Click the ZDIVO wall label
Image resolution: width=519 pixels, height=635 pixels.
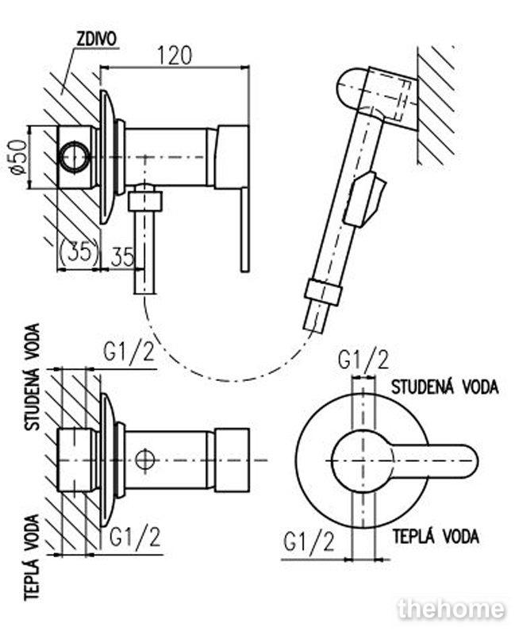coord(96,39)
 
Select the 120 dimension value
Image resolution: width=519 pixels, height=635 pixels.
coord(175,56)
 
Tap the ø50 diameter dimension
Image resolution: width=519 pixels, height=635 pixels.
coord(19,157)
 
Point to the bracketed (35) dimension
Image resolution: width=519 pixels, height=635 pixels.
coord(79,253)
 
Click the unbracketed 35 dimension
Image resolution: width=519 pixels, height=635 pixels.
coord(121,256)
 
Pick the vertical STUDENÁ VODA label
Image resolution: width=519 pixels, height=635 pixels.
coord(33,376)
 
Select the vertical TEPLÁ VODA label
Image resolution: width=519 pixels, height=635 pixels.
coord(32,558)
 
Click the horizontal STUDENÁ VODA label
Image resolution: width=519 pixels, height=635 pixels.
coord(444,387)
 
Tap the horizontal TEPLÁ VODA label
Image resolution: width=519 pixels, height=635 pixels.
coord(436,537)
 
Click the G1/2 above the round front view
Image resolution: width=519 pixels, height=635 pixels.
coord(363,360)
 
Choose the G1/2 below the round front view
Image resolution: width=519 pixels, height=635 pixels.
coord(309,542)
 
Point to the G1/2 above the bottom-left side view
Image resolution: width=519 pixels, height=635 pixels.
coord(129,352)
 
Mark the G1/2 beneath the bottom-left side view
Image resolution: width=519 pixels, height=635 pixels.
coord(135,537)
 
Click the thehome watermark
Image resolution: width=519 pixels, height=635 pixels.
coord(452,609)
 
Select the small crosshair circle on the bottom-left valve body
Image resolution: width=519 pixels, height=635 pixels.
coord(144,460)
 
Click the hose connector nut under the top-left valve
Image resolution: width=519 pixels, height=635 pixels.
coord(145,202)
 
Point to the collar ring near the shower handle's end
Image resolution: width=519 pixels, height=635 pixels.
coord(323,291)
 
